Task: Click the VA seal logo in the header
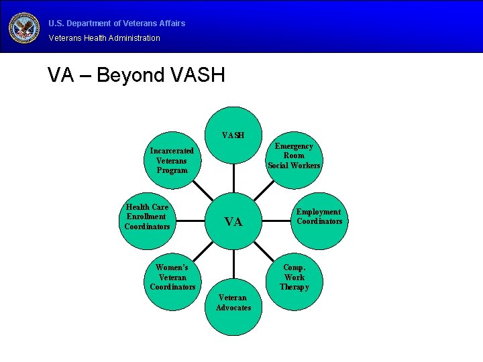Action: click(x=24, y=27)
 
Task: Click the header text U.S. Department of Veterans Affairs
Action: click(x=117, y=23)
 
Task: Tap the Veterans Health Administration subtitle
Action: click(x=105, y=38)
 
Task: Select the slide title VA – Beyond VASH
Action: click(x=136, y=75)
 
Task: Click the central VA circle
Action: click(x=233, y=222)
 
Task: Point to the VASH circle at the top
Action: click(x=233, y=136)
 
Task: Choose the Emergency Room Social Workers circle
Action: click(x=294, y=156)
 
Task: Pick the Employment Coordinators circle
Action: click(x=319, y=217)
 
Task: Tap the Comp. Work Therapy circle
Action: click(x=294, y=278)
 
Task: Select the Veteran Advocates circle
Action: click(x=233, y=303)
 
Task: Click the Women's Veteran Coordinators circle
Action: click(x=172, y=278)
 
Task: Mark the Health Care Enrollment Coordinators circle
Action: click(x=147, y=217)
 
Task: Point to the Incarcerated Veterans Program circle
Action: click(x=172, y=161)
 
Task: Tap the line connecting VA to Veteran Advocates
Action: click(x=234, y=261)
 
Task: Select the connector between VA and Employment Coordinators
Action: click(x=278, y=220)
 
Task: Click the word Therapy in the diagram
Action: click(x=294, y=287)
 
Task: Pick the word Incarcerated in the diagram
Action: click(x=172, y=151)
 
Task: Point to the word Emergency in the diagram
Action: click(x=294, y=146)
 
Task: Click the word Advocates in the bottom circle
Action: click(x=233, y=308)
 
